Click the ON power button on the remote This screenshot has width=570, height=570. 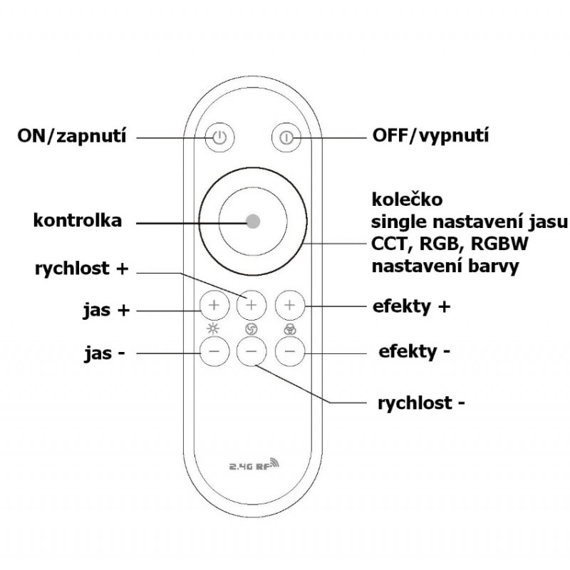click(219, 137)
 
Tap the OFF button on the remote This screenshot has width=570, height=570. click(286, 137)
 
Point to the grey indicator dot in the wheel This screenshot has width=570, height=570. click(253, 221)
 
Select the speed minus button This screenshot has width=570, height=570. click(252, 351)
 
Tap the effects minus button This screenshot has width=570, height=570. click(289, 351)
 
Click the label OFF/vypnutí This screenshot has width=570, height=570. click(431, 135)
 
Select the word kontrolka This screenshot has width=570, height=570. click(78, 220)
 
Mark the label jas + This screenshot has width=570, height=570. click(105, 311)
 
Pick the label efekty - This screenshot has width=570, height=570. click(415, 351)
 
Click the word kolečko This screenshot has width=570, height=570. click(402, 197)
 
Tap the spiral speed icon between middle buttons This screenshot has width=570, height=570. click(251, 328)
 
